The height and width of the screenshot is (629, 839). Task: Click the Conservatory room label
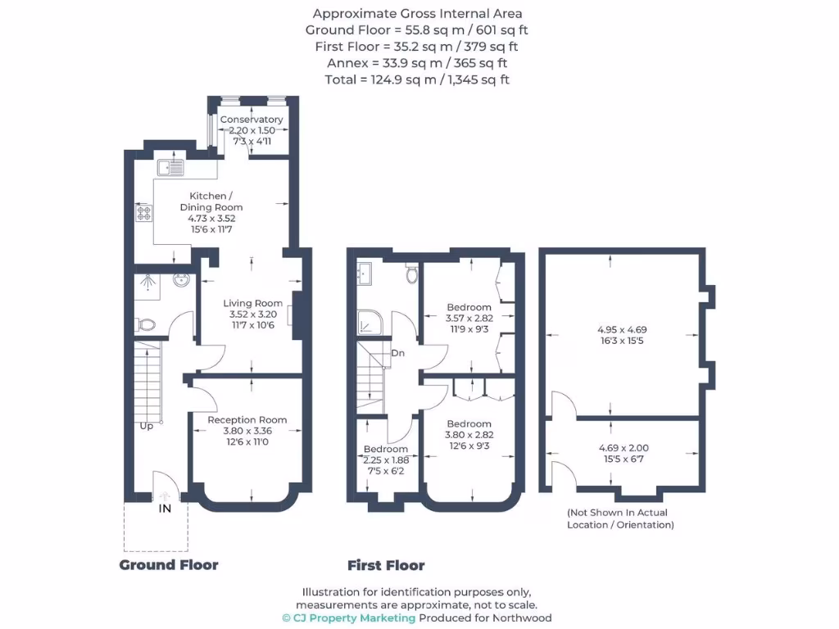252,120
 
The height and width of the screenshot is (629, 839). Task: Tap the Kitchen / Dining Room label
211,201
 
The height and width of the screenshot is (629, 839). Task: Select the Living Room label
252,303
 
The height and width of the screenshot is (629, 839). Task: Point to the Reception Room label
247,420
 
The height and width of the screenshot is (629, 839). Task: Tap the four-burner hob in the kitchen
143,214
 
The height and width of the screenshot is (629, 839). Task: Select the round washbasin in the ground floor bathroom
181,282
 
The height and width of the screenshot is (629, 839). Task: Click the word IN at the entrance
165,509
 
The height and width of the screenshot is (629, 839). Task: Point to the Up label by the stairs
145,426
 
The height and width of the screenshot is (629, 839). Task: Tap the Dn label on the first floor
397,353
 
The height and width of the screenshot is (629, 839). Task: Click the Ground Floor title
169,564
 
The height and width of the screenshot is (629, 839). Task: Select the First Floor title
386,565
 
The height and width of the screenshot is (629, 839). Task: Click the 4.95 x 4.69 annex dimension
623,330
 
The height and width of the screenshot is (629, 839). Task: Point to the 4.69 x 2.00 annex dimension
623,448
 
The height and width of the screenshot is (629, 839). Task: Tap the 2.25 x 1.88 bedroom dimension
385,459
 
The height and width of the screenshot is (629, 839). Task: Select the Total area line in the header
418,79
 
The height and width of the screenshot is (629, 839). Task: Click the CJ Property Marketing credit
348,618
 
